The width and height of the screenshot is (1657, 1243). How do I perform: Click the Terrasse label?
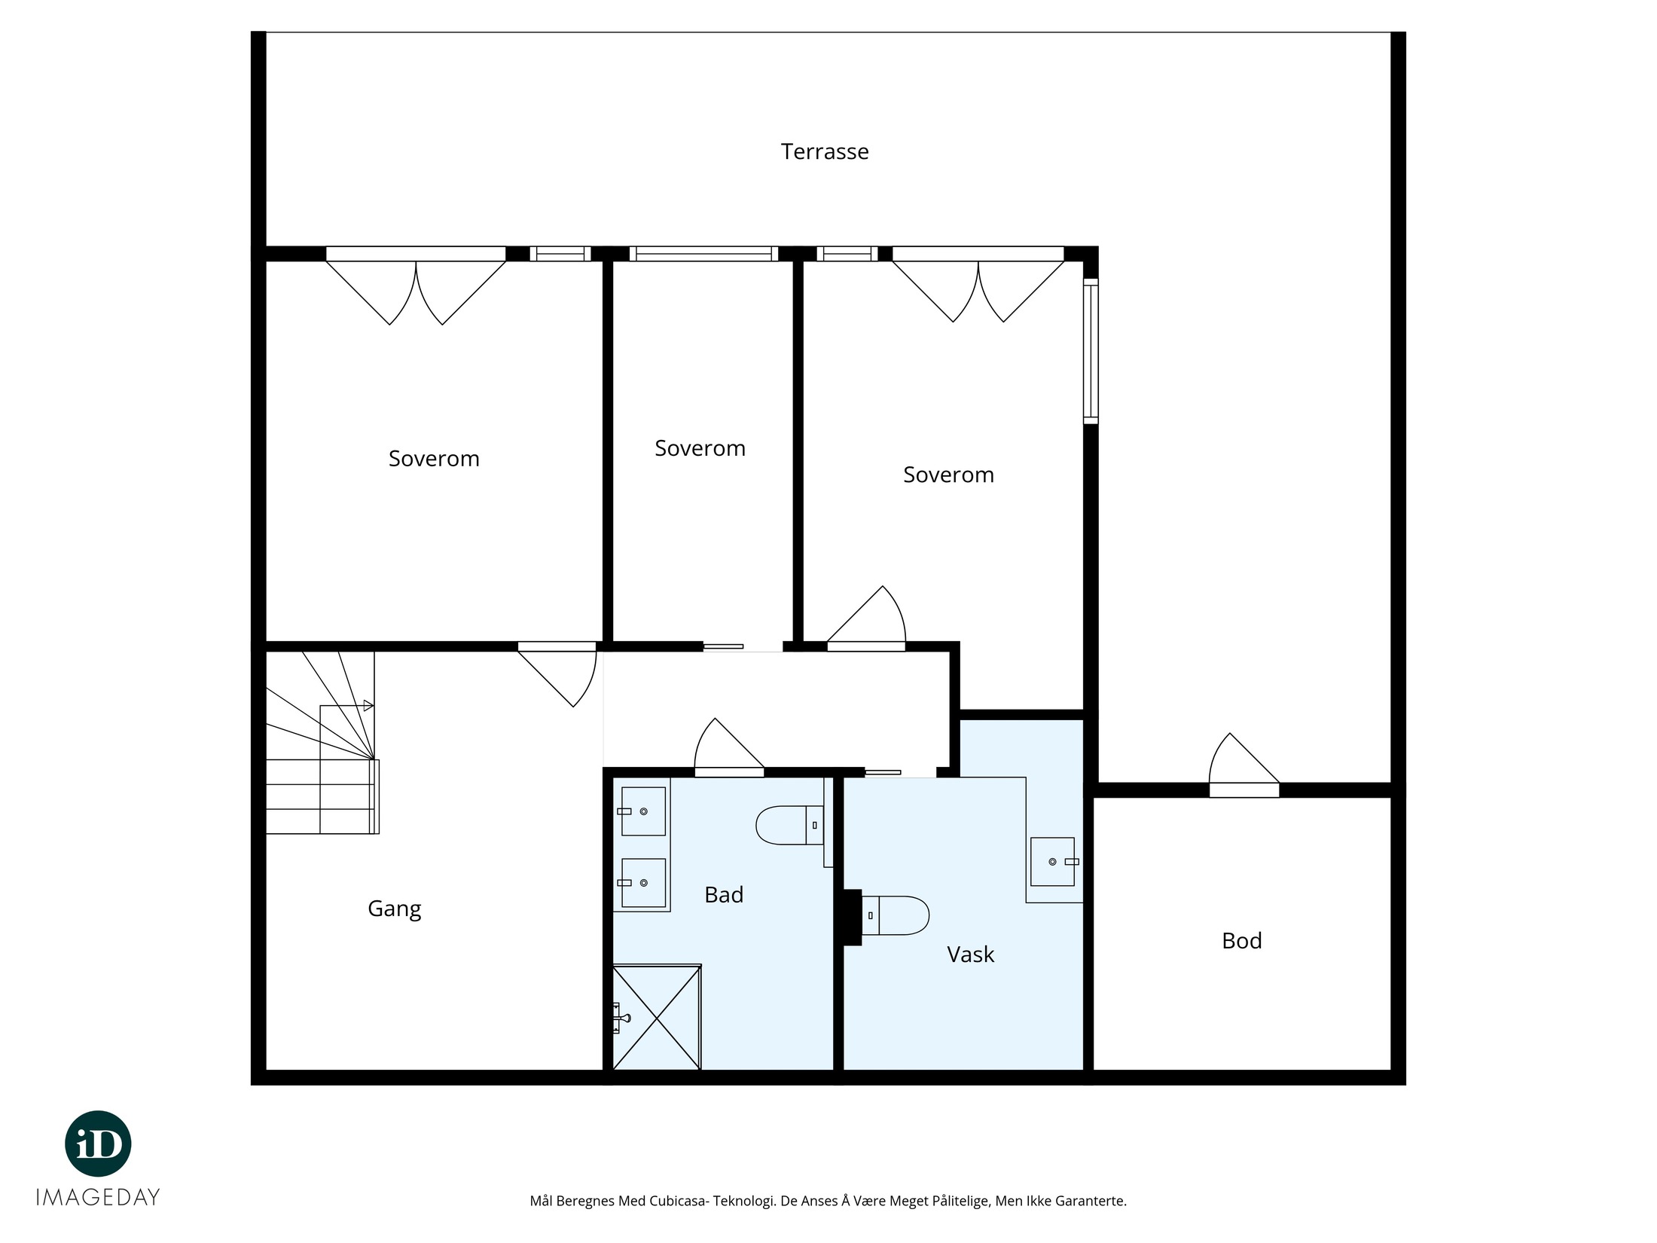point(825,151)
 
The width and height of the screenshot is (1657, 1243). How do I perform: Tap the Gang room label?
point(394,909)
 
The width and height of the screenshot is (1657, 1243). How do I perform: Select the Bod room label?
point(1241,940)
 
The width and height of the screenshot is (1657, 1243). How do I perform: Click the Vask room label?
point(970,954)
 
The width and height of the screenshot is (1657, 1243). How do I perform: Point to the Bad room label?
point(724,894)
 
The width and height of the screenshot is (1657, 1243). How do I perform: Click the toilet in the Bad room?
point(789,825)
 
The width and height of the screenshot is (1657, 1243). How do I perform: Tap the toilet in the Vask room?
point(895,915)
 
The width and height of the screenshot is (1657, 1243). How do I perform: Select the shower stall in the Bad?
point(657,1017)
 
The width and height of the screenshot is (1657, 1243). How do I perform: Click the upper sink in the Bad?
point(642,811)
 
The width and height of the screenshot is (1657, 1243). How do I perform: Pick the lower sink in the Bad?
point(642,882)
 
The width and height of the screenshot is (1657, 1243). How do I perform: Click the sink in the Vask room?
point(1054,861)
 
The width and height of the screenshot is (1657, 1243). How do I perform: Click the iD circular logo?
point(99,1144)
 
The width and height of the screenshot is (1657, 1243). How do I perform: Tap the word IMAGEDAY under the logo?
point(98,1197)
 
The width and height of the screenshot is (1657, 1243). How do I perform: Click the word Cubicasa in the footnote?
point(684,1201)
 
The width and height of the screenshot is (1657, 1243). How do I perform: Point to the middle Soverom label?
point(700,448)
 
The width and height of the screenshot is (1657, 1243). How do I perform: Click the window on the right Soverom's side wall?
point(1091,351)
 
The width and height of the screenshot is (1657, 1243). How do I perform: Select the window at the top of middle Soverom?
point(703,254)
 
